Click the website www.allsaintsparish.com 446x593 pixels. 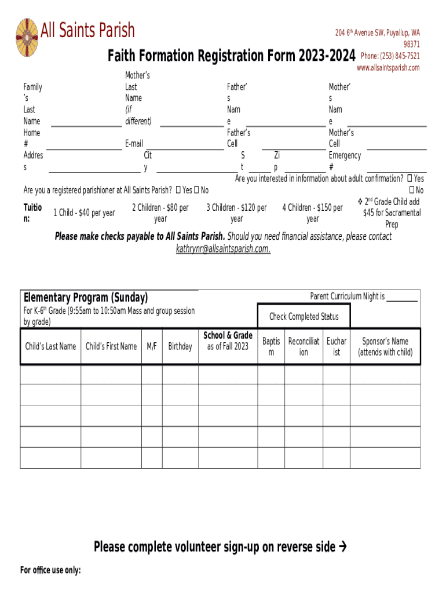tap(388, 68)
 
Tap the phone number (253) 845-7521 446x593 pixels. tap(390, 56)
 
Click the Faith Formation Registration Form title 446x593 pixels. tap(231, 56)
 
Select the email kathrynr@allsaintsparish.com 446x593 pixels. tap(223, 248)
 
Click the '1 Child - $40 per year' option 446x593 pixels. tap(84, 213)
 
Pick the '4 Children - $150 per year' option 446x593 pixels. tap(312, 213)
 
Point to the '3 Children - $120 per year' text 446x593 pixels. tap(236, 213)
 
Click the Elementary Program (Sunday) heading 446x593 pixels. tap(86, 298)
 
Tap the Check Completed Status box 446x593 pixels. tap(304, 317)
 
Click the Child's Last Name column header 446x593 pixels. tap(50, 346)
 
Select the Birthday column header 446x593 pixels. tap(180, 346)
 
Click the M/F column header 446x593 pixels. tap(152, 346)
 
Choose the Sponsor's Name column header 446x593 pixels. tap(385, 346)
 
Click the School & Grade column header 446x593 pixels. tap(228, 341)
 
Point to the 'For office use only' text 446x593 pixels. tap(50, 570)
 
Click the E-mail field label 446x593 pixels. tap(134, 144)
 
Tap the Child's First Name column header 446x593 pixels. tap(111, 346)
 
